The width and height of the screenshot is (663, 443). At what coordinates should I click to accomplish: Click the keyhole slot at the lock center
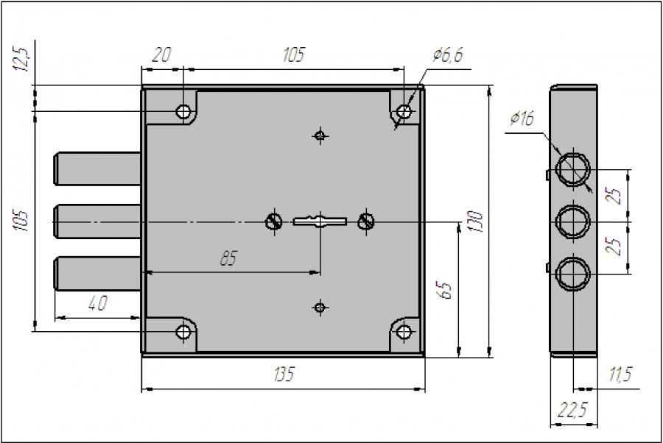coord(320,221)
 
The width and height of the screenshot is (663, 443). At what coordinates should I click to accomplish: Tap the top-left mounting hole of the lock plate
coord(183,112)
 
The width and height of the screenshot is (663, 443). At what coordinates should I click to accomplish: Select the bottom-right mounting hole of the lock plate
coord(404,332)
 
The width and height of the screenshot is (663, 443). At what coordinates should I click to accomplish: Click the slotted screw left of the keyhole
coord(274,221)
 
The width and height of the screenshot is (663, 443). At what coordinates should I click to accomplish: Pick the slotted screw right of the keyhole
coord(366,221)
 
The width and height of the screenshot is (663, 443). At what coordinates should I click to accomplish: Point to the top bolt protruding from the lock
coord(98,169)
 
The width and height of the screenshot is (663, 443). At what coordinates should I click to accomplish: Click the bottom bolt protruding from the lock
coord(98,273)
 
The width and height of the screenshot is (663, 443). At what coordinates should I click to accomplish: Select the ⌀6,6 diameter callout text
coord(448,55)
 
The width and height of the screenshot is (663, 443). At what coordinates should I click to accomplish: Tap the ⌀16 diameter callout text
coord(522,118)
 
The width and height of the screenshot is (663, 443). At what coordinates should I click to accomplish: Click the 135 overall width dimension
coord(284,374)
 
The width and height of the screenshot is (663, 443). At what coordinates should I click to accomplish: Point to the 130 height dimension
coord(476,221)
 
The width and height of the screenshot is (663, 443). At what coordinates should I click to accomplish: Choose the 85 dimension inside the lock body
coord(229,258)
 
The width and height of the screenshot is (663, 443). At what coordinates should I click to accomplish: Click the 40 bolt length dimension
coord(98,302)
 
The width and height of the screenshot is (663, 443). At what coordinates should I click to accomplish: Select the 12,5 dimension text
coord(21,59)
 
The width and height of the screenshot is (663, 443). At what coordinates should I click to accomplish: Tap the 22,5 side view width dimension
coord(572,409)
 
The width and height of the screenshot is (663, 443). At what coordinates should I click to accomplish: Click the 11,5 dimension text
coord(620,374)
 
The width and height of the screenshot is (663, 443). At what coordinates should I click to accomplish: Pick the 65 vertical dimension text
coord(445,290)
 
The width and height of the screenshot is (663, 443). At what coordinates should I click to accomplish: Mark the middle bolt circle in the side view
coord(573,221)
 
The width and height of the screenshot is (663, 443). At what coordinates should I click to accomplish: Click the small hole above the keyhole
coord(320,135)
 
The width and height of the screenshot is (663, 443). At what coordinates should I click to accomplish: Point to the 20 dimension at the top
coord(161,55)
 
